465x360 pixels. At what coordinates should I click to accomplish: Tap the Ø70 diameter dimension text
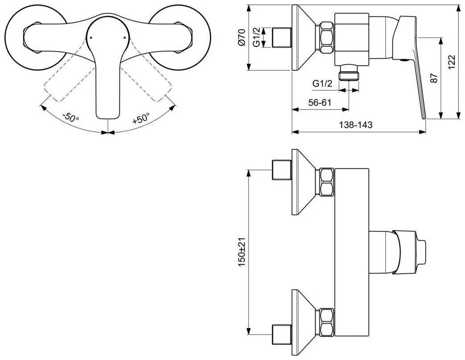(242, 37)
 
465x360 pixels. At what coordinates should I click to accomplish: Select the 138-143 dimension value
(355, 125)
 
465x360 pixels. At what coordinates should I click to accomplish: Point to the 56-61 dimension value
(320, 102)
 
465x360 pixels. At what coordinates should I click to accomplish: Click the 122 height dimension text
(451, 62)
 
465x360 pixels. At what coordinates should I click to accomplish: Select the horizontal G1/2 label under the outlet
(322, 84)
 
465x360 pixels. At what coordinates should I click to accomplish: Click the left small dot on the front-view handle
(91, 38)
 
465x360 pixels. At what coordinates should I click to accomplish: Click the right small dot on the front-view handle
(125, 38)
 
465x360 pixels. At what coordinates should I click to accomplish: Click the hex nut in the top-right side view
(327, 38)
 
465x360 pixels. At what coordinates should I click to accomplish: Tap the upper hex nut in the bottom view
(327, 182)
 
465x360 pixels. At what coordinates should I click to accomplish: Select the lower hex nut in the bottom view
(327, 322)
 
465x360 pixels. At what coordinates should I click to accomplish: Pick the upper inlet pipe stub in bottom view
(282, 170)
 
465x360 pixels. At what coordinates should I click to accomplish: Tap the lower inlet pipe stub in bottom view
(282, 334)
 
